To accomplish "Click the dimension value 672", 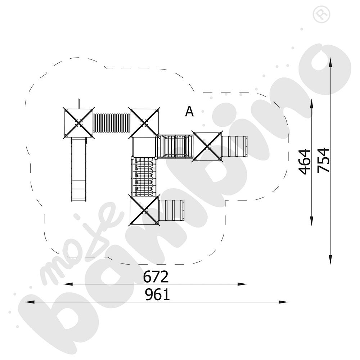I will click(156, 277).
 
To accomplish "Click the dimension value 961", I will click(157, 295).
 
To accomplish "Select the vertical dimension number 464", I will click(305, 161).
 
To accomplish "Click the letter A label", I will click(189, 112).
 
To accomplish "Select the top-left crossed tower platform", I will click(79, 122).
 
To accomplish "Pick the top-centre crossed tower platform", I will click(144, 122).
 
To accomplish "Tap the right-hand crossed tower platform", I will click(207, 146).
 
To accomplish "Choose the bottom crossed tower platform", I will click(144, 210).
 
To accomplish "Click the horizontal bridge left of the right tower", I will click(175, 146).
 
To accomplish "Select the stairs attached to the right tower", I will click(234, 146).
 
